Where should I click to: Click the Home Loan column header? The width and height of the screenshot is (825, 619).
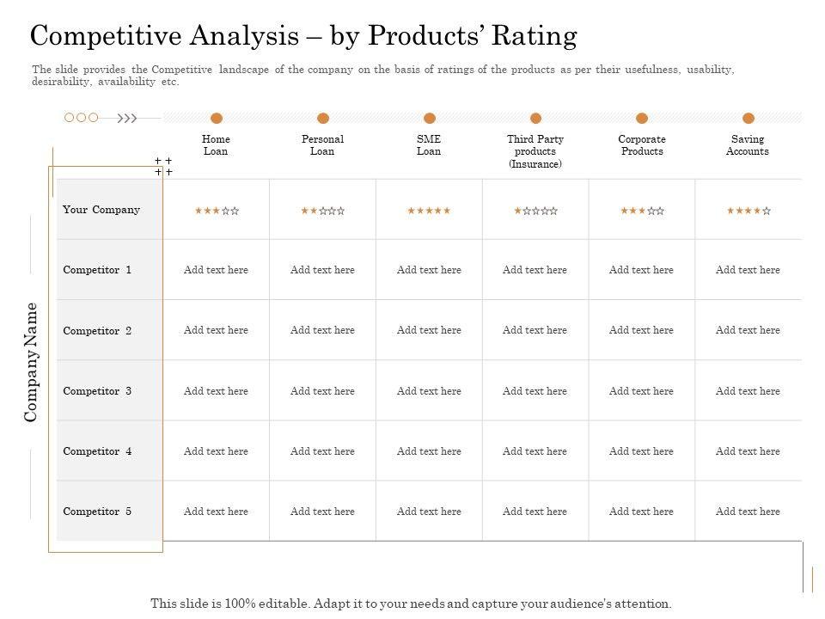click(x=216, y=145)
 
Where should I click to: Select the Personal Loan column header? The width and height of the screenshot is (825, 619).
click(x=322, y=145)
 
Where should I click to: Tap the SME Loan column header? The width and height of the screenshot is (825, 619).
click(x=429, y=145)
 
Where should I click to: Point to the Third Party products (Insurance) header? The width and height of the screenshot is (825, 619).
click(x=535, y=151)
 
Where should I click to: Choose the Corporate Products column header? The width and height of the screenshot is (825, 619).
click(x=642, y=145)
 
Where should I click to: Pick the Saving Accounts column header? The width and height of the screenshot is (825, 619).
click(x=748, y=145)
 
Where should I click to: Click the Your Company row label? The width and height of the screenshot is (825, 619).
click(x=101, y=210)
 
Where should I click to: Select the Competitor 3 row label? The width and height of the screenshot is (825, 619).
click(x=97, y=391)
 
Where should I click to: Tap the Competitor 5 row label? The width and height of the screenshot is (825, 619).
click(x=97, y=512)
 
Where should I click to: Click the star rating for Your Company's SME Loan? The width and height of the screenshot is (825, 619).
click(x=429, y=211)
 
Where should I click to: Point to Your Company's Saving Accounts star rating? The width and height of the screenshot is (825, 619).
click(x=749, y=211)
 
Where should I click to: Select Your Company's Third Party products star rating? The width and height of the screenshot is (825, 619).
click(x=535, y=211)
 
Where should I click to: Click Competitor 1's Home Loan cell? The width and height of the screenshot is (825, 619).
click(x=216, y=270)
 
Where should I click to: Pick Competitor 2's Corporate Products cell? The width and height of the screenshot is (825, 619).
click(x=642, y=330)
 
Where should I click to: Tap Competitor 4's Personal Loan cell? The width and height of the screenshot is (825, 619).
click(x=322, y=451)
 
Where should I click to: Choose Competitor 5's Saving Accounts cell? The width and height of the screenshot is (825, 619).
click(x=748, y=512)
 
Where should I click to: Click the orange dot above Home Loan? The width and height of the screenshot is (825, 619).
click(x=217, y=119)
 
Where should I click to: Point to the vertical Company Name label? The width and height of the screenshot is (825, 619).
click(x=32, y=362)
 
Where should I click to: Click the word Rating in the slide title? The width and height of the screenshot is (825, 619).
click(x=539, y=36)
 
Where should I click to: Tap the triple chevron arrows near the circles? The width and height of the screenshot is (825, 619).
click(x=127, y=119)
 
